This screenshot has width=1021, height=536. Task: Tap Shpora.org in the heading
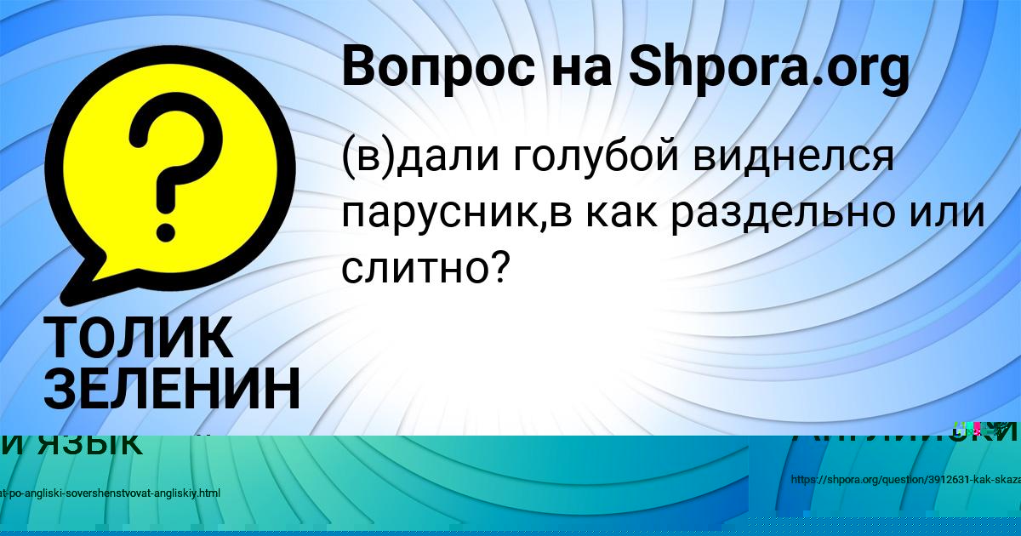(x=768, y=68)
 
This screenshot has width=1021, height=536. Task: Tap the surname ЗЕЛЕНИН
(x=171, y=389)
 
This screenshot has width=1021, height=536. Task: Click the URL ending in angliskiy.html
(x=111, y=493)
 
